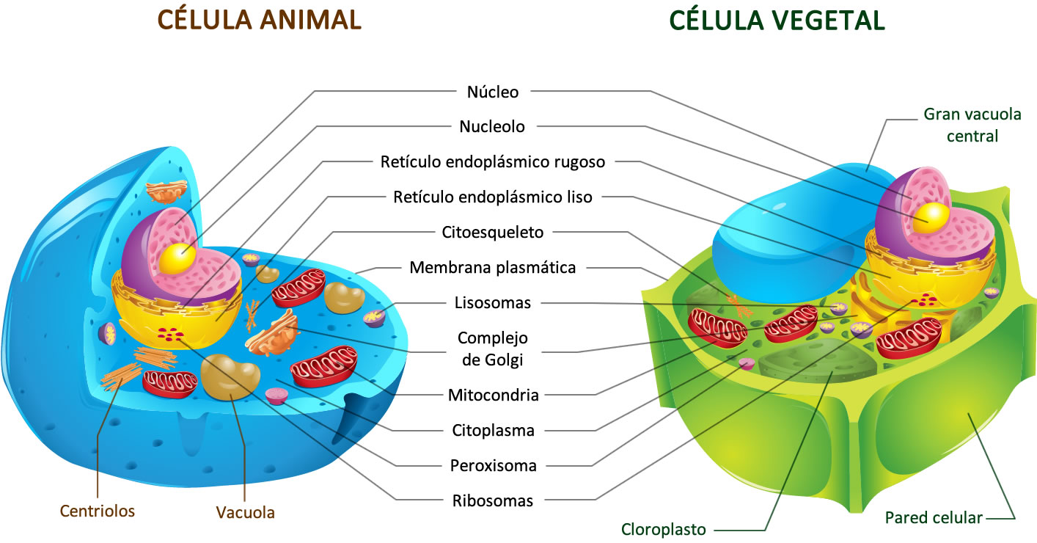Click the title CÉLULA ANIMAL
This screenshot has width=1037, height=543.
coord(258,20)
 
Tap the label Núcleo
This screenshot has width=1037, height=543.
coord(493,92)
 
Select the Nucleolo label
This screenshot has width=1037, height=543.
coord(492,126)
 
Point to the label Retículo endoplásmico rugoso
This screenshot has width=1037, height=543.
coord(493,161)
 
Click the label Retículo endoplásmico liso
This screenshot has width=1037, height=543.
coord(493,197)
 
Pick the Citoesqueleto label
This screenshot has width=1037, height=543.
coord(493,233)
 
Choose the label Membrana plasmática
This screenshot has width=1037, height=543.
coord(493,267)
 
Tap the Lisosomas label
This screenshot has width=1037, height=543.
coord(493,302)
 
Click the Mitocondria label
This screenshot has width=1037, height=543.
coord(493,396)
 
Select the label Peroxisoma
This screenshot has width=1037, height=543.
coord(493,465)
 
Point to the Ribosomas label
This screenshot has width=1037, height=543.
coord(493,501)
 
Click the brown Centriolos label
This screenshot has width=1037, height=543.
coord(98,511)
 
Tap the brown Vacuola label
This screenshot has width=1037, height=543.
coord(245,512)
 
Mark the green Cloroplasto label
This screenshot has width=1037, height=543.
coord(664,529)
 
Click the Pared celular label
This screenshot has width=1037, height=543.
coord(934,517)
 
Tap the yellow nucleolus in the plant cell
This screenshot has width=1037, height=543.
coord(936,214)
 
